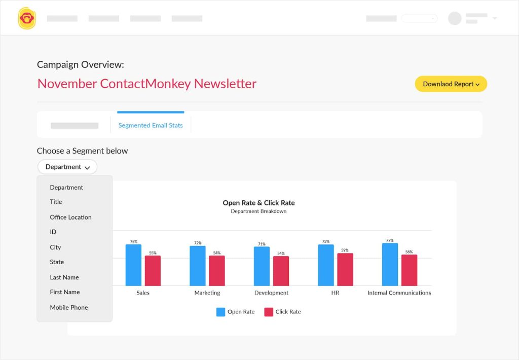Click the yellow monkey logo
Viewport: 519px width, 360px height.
(27, 18)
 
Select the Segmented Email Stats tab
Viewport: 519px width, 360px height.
(151, 125)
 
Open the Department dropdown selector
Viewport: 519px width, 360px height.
(67, 167)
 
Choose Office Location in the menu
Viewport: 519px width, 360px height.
(70, 217)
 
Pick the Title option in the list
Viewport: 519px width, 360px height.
(56, 202)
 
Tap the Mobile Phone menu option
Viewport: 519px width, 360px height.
(68, 307)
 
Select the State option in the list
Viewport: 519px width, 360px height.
(57, 262)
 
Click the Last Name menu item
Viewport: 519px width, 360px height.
(64, 277)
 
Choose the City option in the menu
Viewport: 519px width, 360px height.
(55, 247)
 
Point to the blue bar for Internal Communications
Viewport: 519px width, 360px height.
(390, 264)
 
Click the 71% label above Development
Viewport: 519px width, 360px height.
(262, 244)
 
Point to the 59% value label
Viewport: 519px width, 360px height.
(345, 250)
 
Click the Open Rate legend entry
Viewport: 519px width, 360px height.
(236, 312)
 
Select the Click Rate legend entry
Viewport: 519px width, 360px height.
(283, 312)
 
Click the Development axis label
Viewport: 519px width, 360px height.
(271, 293)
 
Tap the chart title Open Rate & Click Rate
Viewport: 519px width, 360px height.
(258, 203)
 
